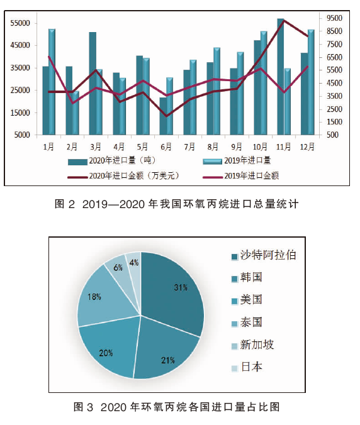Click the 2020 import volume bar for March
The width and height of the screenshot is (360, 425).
93,84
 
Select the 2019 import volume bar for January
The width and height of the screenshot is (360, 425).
52,82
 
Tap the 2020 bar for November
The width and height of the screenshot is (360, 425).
281,77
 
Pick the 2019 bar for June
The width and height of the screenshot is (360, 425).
169,106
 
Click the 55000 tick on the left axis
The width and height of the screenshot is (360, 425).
20,23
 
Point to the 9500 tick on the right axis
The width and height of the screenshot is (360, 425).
334,18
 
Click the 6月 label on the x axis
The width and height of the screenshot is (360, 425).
166,146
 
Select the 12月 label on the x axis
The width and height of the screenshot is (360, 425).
307,146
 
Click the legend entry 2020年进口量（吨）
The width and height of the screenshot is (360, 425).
112,161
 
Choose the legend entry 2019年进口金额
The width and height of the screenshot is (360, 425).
241,176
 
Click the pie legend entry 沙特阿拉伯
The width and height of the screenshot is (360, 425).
264,255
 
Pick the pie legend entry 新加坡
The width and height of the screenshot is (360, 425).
252,345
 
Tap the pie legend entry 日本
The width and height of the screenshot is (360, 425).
247,367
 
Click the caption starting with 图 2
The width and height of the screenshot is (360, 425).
177,204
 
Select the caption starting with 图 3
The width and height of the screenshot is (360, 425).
177,407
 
